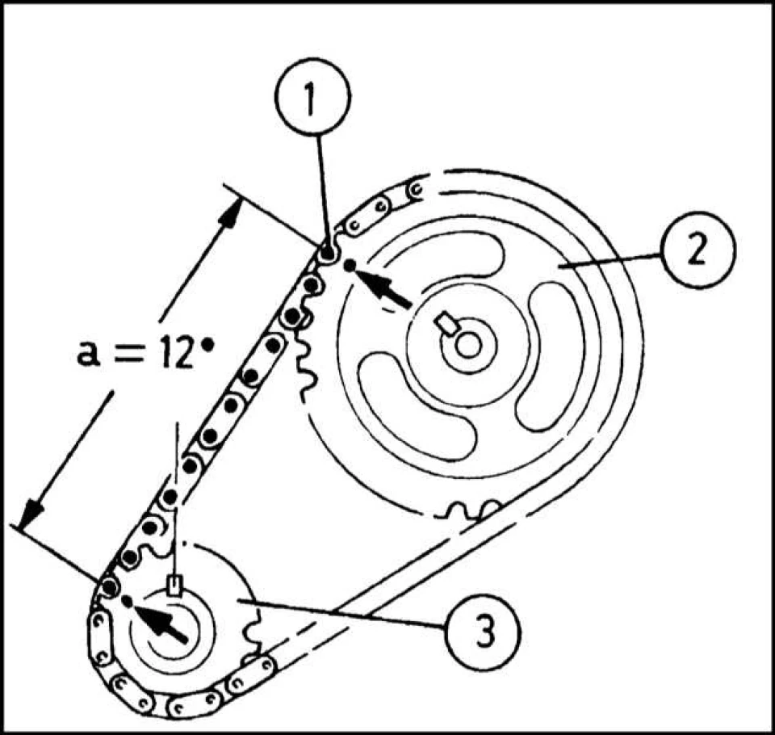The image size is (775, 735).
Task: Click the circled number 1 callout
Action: click(x=312, y=96)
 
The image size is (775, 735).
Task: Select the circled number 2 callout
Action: click(x=697, y=250)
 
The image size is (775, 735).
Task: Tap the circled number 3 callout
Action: click(x=483, y=632)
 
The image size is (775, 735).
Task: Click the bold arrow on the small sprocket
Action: click(x=160, y=624)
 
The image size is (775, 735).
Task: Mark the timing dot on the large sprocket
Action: click(x=350, y=265)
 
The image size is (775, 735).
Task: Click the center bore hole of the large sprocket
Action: click(x=467, y=346)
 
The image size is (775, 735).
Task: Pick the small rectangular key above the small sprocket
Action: click(x=175, y=585)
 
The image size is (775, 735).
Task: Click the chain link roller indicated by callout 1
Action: click(x=327, y=254)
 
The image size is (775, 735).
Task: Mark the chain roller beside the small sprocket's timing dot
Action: click(x=109, y=587)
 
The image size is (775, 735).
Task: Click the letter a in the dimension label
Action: click(x=87, y=355)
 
